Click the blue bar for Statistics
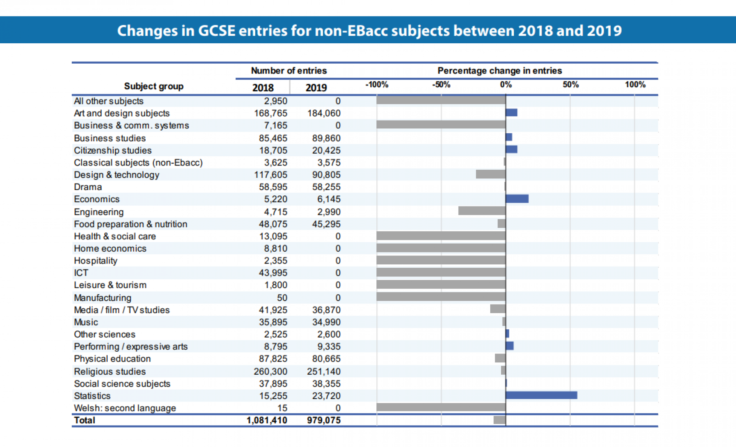[x=541, y=395]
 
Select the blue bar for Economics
[x=517, y=198]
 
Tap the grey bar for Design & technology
[x=491, y=174]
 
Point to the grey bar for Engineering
[x=482, y=211]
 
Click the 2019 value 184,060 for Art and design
[x=324, y=113]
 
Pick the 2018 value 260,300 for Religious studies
[x=270, y=371]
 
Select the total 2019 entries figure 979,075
[x=324, y=420]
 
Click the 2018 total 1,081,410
[x=267, y=420]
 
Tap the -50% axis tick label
[x=441, y=85]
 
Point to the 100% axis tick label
[x=635, y=85]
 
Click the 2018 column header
[x=263, y=88]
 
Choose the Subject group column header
[x=154, y=86]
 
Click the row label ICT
[x=81, y=273]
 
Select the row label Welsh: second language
[x=125, y=408]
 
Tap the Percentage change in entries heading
[x=499, y=70]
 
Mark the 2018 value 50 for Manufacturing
[x=282, y=298]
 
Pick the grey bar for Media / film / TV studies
[x=498, y=309]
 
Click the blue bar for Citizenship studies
[x=511, y=149]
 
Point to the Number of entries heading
[x=289, y=70]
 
